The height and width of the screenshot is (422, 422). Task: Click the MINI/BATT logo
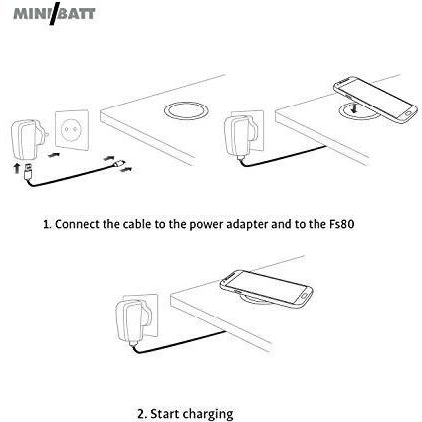coord(54,13)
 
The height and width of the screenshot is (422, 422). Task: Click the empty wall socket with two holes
coord(72,130)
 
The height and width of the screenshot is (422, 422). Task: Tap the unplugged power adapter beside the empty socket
coord(29,140)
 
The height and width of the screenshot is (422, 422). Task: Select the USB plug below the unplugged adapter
coord(28,172)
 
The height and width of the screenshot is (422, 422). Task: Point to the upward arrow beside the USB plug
coord(16,168)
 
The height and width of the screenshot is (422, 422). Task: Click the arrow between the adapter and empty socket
coord(54,154)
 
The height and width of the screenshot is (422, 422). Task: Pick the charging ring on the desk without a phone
coord(186,110)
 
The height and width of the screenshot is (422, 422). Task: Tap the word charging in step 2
coord(208,415)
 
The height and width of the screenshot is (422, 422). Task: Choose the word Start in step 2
coord(165,414)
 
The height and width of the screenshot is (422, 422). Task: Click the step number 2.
coord(141,414)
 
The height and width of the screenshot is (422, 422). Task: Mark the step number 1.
coord(47,225)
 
